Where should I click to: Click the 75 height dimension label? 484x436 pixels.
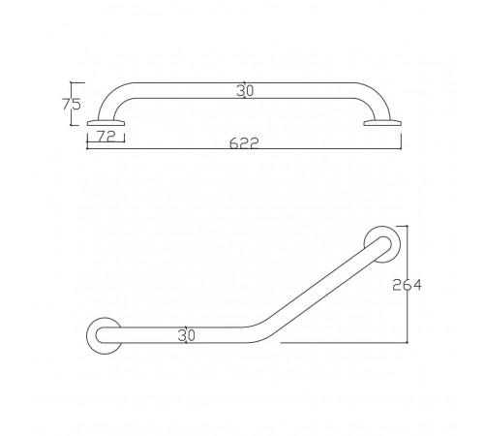click(72, 105)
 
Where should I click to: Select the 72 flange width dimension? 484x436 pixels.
click(106, 137)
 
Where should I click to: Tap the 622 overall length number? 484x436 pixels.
click(244, 143)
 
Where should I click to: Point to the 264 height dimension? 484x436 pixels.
click(407, 285)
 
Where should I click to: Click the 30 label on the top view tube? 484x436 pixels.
click(245, 91)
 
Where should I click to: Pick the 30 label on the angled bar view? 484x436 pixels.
click(187, 335)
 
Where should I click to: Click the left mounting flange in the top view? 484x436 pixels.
click(106, 123)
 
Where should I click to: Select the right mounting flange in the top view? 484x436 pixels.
click(382, 123)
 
